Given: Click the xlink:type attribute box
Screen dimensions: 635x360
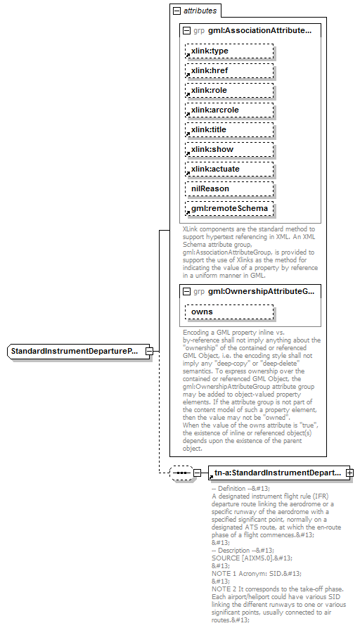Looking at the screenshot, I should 229,51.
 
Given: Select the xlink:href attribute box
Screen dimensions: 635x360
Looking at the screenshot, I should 229,71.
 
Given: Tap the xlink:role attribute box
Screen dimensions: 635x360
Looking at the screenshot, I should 229,91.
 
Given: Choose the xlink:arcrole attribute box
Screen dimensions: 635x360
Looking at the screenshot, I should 229,110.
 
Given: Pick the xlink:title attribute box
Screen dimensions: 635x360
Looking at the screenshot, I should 229,130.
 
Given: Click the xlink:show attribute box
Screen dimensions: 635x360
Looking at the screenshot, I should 229,150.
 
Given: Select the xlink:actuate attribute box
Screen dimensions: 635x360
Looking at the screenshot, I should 229,169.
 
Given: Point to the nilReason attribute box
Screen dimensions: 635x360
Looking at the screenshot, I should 229,189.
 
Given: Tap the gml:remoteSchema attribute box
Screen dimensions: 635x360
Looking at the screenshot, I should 229,209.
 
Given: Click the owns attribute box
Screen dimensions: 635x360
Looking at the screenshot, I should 229,312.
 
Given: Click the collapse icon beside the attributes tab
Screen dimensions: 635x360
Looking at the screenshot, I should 176,11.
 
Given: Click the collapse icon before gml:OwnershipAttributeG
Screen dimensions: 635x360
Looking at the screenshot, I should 186,291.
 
